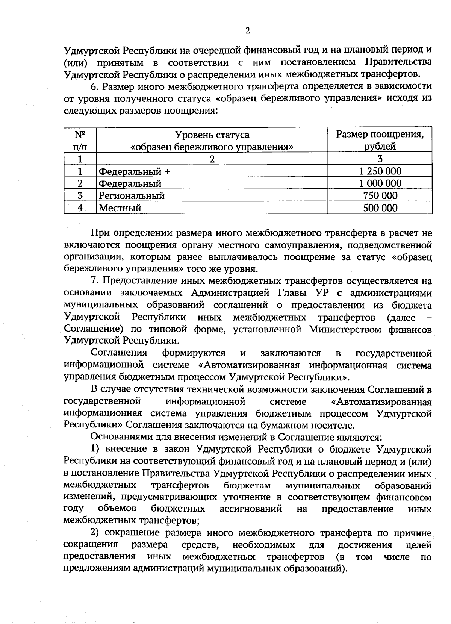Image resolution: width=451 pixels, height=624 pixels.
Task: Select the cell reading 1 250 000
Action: [380, 171]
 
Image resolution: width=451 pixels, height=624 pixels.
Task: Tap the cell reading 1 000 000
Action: [380, 183]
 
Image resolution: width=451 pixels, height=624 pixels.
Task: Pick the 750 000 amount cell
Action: [380, 195]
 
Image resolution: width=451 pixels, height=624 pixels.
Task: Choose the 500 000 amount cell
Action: [380, 208]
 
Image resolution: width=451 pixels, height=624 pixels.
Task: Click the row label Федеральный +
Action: [134, 172]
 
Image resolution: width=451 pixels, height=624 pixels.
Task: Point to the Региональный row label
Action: [132, 196]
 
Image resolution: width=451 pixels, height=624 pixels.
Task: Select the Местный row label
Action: [120, 208]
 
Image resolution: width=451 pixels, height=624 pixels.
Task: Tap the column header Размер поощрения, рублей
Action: [380, 140]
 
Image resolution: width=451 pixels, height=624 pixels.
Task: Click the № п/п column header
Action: [80, 140]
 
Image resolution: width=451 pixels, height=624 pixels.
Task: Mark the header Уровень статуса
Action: [212, 135]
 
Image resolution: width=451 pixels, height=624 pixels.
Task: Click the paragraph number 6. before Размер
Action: [95, 86]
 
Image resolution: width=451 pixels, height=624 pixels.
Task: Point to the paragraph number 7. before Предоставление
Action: [95, 281]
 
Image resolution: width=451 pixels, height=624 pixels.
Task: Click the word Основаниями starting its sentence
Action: [118, 437]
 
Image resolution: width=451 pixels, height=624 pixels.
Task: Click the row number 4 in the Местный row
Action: [80, 208]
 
